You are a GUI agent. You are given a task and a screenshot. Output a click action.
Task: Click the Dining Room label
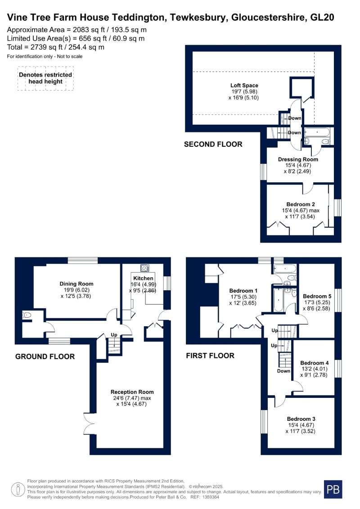pos(76,284)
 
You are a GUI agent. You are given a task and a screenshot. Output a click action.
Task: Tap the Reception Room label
pos(132,392)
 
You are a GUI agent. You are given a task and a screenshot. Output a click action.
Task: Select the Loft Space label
pos(244,86)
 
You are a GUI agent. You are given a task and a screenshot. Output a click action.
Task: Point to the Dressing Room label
pos(298,159)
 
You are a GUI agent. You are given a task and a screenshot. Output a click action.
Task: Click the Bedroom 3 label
pos(301,419)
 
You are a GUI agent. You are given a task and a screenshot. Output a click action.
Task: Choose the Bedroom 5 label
pos(317,296)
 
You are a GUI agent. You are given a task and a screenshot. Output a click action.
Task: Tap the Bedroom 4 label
pos(314,363)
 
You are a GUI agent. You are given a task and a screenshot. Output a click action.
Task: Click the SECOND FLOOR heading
pos(213,144)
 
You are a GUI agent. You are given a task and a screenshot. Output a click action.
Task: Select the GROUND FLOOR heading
pos(45,356)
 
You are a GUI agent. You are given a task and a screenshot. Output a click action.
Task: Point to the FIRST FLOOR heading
pos(210,356)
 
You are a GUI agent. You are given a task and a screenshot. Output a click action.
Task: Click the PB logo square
pos(333,489)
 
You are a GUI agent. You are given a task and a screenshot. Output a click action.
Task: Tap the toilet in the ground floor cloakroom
pos(27,315)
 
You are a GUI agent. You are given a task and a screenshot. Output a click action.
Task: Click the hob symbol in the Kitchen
pos(144,268)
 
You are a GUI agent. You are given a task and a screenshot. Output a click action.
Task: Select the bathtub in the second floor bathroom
pos(317,132)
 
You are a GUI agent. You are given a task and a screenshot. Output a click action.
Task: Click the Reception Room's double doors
pos(88,423)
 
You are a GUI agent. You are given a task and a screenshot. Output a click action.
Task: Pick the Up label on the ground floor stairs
pos(114,335)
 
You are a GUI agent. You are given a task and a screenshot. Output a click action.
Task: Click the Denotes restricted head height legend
pos(45,78)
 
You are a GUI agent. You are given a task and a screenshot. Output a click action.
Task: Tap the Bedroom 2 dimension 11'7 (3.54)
pos(300,216)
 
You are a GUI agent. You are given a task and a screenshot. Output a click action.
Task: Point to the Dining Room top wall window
pos(83,260)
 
